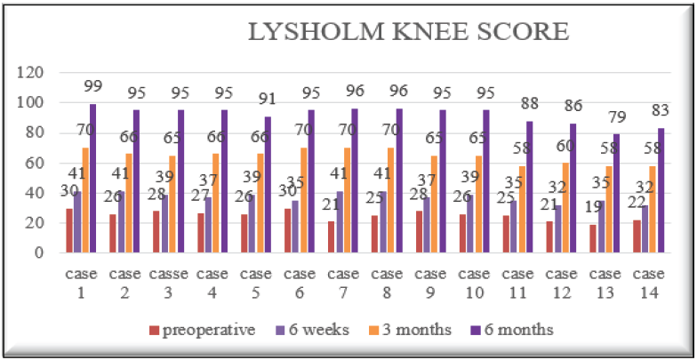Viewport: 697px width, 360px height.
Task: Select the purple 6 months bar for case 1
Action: point(92,178)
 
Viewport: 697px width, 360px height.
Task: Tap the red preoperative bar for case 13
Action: point(592,237)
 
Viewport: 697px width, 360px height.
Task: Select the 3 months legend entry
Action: point(414,330)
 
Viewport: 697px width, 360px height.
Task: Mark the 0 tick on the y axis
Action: point(37,252)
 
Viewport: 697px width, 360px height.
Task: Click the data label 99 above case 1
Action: point(93,85)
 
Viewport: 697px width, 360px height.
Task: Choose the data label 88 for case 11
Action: point(530,102)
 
